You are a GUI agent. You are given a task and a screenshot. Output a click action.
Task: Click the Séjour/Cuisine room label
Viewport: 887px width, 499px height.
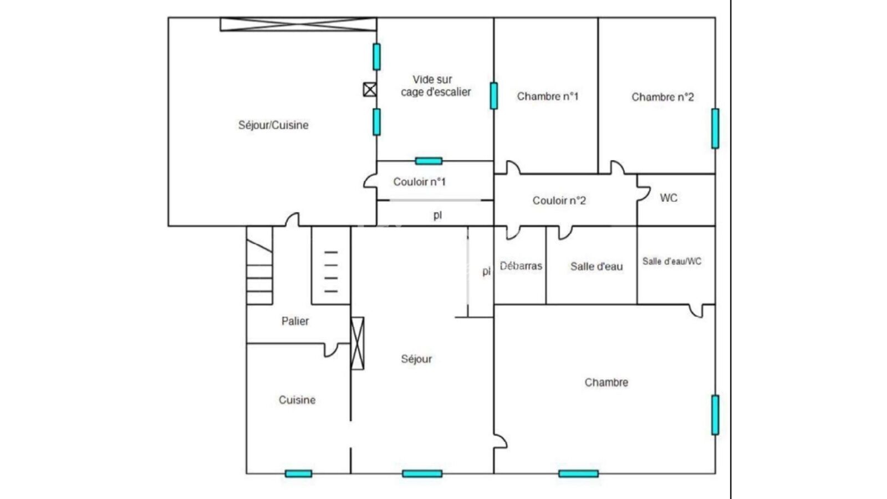click(273, 125)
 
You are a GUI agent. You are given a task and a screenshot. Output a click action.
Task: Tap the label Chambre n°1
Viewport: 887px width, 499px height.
click(547, 96)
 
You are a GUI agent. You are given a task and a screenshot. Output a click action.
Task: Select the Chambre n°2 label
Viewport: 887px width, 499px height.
click(662, 97)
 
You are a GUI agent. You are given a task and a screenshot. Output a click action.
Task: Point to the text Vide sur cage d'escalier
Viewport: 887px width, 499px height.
click(435, 86)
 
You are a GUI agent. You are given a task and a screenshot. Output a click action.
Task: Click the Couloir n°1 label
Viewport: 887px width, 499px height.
click(419, 182)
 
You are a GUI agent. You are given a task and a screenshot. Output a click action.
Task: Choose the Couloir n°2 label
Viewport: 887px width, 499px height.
click(559, 201)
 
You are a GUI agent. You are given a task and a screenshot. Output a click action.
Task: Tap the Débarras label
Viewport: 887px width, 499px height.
click(521, 266)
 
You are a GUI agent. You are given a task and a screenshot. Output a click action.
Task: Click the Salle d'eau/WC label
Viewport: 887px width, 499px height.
click(671, 261)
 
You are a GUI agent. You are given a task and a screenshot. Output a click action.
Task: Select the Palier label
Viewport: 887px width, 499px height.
click(295, 321)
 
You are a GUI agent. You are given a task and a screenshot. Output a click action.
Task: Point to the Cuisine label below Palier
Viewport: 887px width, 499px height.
click(297, 400)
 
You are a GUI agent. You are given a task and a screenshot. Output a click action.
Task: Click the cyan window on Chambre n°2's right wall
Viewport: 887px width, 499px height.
click(715, 129)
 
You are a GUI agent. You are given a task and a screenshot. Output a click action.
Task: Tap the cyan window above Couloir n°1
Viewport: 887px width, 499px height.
click(429, 161)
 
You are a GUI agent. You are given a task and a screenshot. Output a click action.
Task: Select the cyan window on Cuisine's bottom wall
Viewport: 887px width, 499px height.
click(298, 473)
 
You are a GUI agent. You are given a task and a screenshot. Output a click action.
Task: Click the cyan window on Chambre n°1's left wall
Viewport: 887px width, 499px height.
click(493, 96)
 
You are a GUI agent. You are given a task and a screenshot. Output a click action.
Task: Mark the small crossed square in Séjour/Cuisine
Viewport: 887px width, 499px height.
click(370, 89)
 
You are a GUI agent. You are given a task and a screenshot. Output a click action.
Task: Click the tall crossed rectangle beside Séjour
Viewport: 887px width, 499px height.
click(358, 343)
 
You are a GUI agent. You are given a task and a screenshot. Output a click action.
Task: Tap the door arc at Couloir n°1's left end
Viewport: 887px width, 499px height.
click(369, 181)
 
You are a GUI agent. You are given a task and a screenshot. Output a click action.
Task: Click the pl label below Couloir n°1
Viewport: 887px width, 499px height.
click(437, 215)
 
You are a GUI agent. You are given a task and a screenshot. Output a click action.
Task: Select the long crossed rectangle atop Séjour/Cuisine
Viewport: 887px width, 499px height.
click(298, 24)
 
